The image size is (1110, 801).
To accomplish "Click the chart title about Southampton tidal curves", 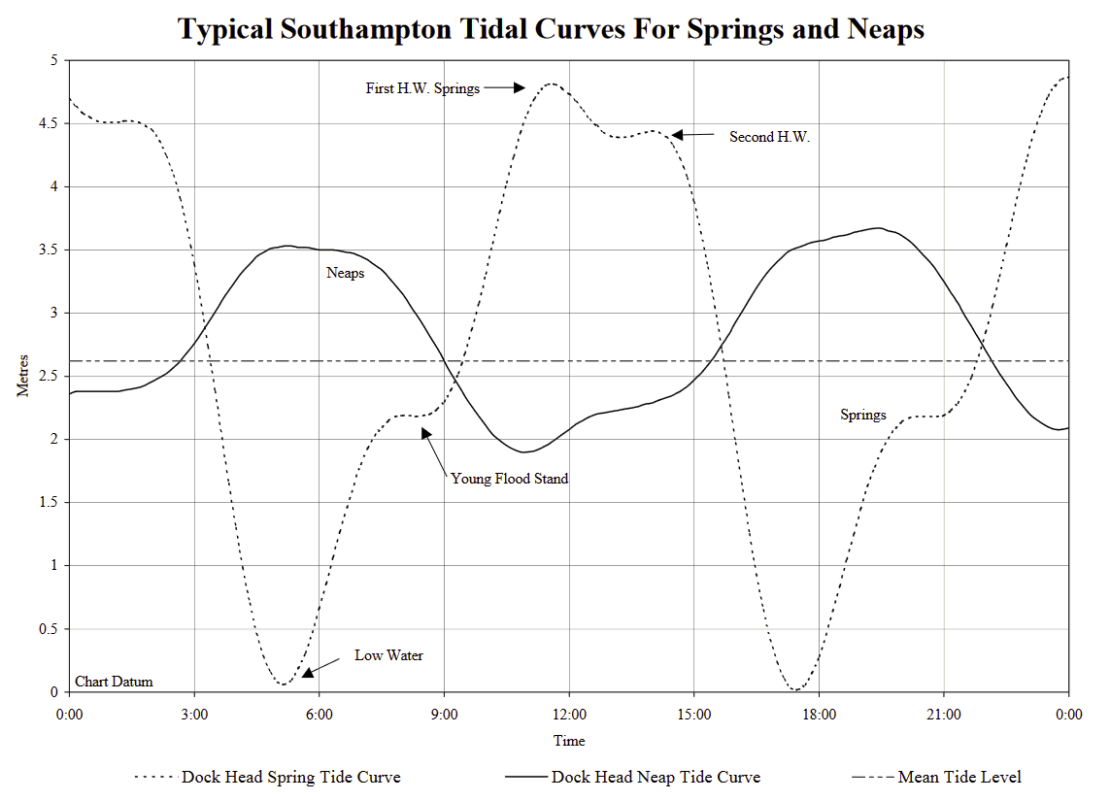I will tap(551, 29).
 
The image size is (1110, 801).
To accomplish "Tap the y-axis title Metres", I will tap(23, 377).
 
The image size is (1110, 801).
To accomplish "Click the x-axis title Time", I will tap(569, 741).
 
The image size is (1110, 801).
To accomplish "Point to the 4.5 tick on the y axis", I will tap(48, 123).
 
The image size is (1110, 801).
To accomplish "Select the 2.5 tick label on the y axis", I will tap(48, 377).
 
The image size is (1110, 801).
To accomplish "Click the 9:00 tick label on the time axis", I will tap(444, 715).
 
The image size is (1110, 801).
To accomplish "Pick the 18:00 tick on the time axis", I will tap(819, 715).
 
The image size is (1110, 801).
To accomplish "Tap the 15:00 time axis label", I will tap(693, 715).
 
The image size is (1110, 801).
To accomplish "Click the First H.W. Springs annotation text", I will tap(422, 88).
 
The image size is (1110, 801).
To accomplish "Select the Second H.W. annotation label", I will tap(769, 138).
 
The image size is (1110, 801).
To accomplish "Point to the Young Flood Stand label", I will tap(509, 479).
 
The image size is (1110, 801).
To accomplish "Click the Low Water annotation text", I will tap(388, 655).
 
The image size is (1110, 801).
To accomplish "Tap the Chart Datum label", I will tap(114, 682).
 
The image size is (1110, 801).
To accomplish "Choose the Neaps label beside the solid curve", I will tap(345, 273).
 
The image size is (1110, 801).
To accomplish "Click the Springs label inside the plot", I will tap(862, 415).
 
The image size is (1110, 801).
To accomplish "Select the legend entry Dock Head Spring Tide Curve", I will tap(290, 777).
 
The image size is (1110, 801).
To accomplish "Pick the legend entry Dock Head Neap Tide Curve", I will tap(656, 777).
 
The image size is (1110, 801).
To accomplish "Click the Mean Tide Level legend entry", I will tap(959, 777).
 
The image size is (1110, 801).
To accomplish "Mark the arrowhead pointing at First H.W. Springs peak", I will tap(519, 88).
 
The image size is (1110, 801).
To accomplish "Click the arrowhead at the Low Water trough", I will tap(307, 670).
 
